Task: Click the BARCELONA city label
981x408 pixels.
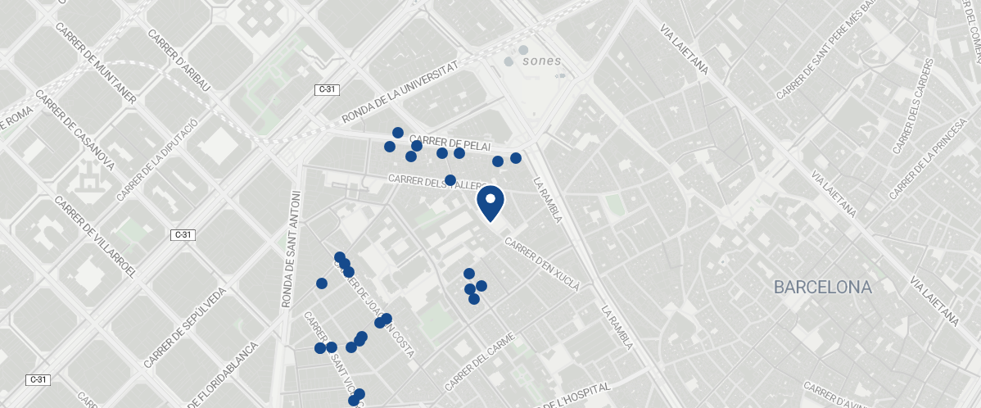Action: (x=823, y=288)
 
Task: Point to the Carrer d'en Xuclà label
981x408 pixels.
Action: (x=542, y=265)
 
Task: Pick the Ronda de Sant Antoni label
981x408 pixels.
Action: (x=292, y=249)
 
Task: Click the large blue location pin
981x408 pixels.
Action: (x=490, y=202)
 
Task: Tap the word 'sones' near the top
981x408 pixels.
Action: (x=541, y=61)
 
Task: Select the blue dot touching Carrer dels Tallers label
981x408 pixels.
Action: (x=450, y=180)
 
